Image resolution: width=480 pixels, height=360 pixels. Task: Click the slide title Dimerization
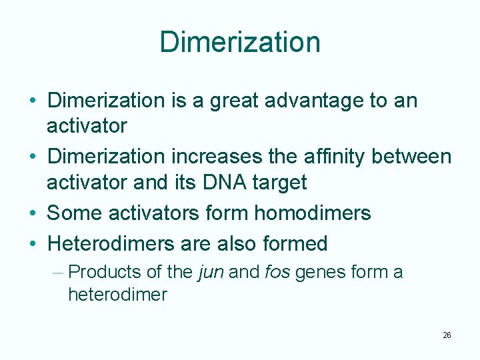[x=240, y=42]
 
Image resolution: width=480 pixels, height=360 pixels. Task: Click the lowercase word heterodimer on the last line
[x=117, y=295]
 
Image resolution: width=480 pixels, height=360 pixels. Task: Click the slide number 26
[x=447, y=335]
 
